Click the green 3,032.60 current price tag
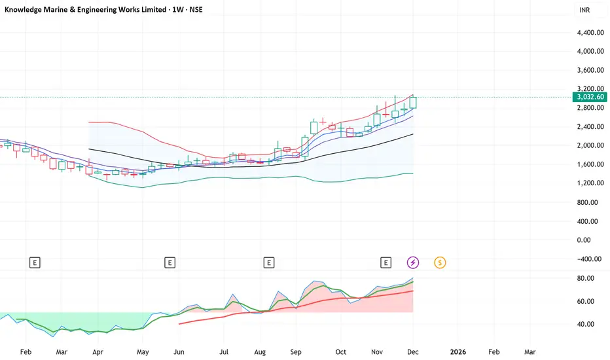click(x=590, y=97)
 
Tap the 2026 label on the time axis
click(x=458, y=351)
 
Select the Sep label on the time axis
click(x=296, y=351)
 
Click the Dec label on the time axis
click(x=414, y=351)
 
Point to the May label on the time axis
click(x=143, y=351)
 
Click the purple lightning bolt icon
click(x=413, y=262)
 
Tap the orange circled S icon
click(x=440, y=262)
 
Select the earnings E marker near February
click(x=35, y=262)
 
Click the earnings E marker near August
click(x=268, y=262)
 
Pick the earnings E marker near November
click(x=386, y=262)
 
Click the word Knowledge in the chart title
click(x=26, y=11)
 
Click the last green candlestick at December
click(x=413, y=102)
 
